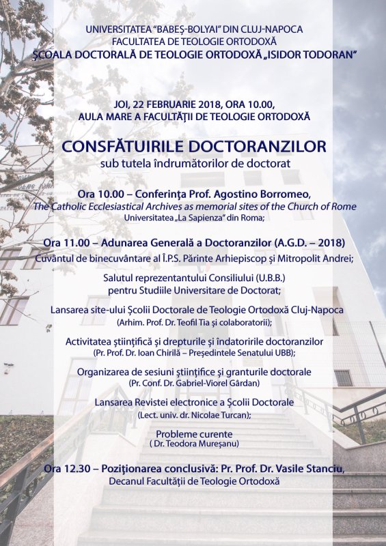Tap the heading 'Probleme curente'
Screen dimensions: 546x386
(194, 434)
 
